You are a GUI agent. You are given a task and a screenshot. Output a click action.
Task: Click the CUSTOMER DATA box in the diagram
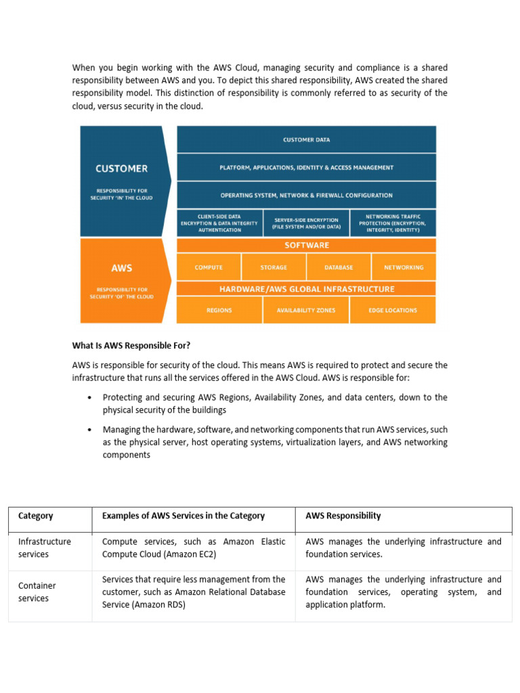point(306,139)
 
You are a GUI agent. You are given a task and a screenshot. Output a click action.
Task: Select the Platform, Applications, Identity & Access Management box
point(306,167)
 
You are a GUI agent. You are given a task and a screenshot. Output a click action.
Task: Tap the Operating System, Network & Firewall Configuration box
point(306,195)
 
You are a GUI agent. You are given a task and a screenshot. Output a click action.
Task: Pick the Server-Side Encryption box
point(306,223)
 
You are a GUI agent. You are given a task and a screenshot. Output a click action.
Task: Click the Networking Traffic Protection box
point(393,223)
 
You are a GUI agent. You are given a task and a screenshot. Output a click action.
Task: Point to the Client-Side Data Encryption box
point(219,223)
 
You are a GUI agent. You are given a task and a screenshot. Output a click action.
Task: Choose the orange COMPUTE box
point(209,267)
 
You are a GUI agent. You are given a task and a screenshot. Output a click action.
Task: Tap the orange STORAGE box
point(274,267)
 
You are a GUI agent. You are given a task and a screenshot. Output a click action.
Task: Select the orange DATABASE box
point(339,267)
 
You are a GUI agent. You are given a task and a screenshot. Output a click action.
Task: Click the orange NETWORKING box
point(404,267)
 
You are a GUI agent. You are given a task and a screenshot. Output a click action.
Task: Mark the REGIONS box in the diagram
point(219,310)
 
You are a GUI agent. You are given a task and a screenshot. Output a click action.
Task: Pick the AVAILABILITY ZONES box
point(306,310)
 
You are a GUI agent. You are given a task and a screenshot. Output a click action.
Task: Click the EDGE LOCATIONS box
point(393,310)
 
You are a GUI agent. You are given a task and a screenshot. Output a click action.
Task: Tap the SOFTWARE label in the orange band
point(306,245)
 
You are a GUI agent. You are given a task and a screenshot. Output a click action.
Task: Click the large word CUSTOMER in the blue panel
point(122,169)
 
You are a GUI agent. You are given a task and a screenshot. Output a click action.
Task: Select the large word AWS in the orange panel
point(122,268)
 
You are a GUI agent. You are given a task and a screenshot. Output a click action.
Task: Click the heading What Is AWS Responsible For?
point(127,345)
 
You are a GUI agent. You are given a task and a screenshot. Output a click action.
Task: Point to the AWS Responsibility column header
point(343,516)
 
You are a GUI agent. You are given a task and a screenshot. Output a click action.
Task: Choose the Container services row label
point(37,591)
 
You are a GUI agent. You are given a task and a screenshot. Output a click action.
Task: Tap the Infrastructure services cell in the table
point(45,547)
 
